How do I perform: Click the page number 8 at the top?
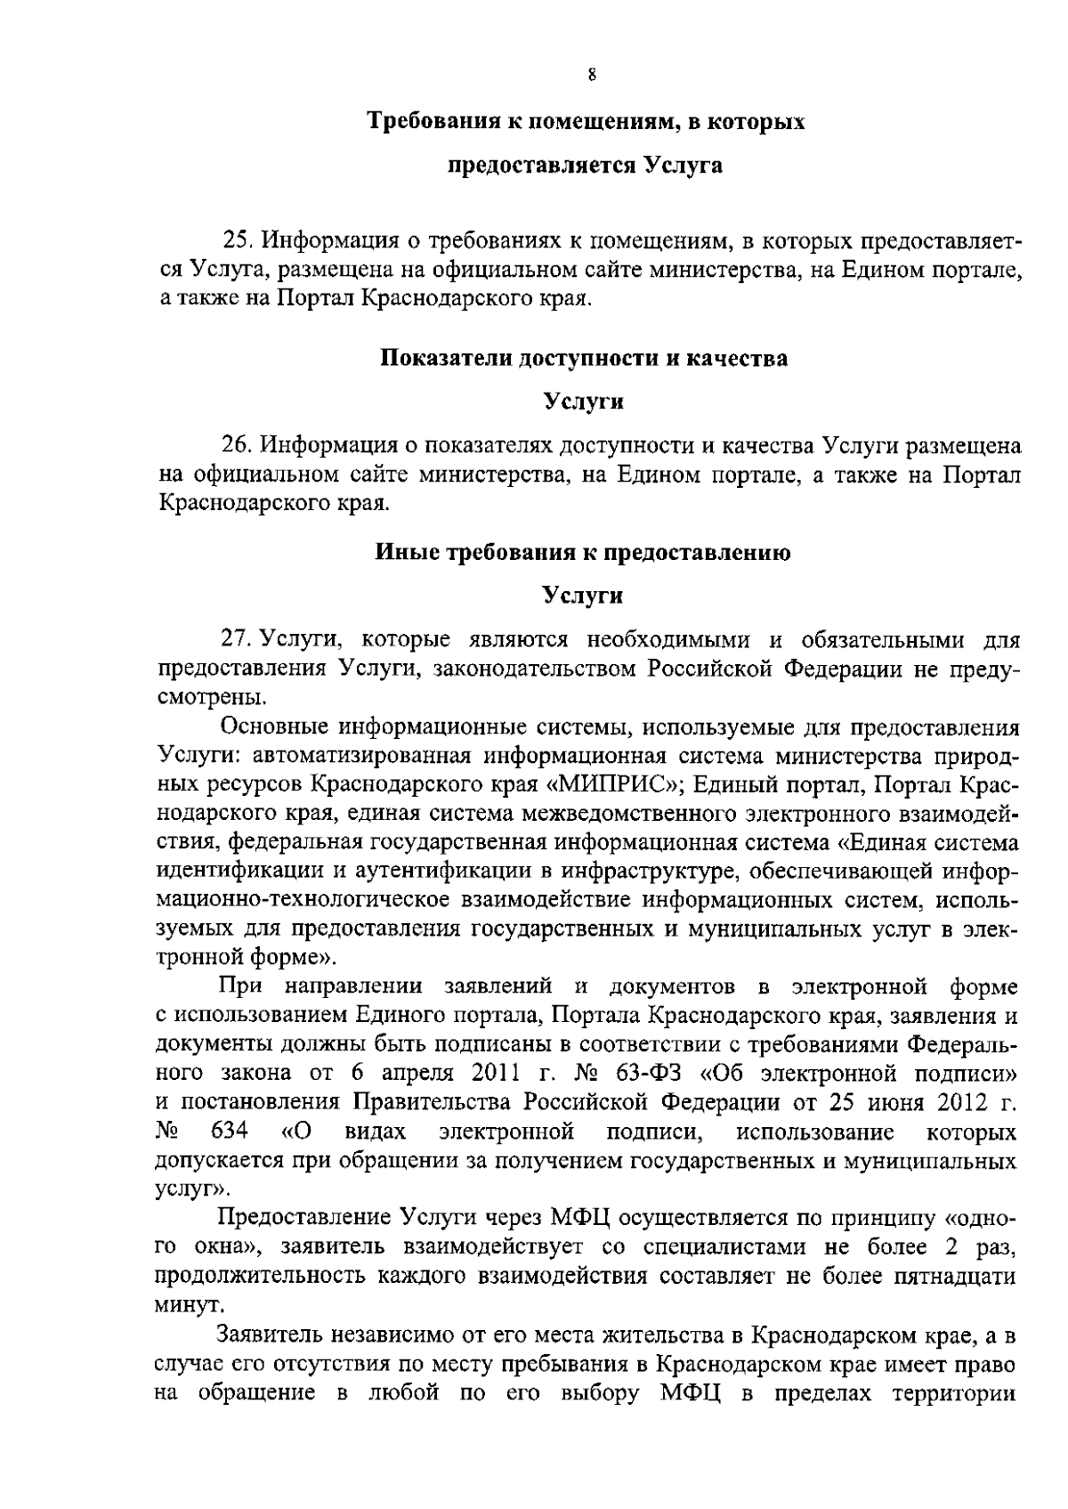pyautogui.click(x=591, y=76)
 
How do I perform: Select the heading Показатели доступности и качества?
pyautogui.click(x=584, y=358)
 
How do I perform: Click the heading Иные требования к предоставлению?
pyautogui.click(x=583, y=552)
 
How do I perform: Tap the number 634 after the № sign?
pyautogui.click(x=230, y=1132)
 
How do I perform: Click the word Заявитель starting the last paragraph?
pyautogui.click(x=268, y=1335)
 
